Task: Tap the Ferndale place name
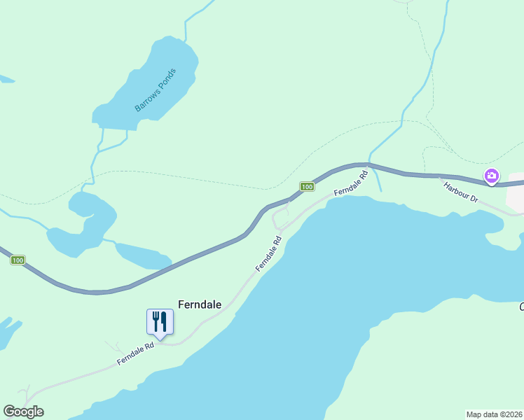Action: [200, 304]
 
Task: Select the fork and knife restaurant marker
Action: [160, 323]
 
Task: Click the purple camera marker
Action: [492, 176]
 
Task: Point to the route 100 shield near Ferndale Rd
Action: [307, 186]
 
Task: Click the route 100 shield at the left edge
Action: [18, 260]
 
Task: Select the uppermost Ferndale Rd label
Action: [351, 183]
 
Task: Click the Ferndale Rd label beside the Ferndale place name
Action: [268, 253]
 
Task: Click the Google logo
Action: [23, 412]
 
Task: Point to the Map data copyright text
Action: [494, 414]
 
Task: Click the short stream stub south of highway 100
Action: [378, 180]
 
